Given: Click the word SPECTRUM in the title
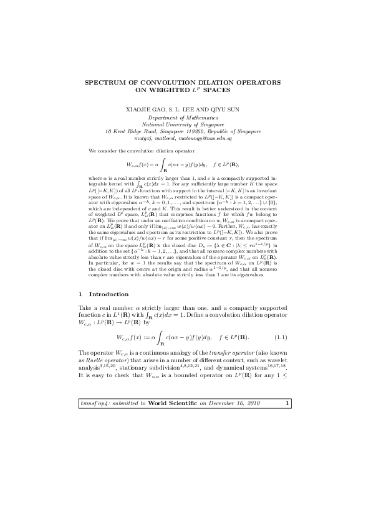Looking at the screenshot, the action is tap(105, 82).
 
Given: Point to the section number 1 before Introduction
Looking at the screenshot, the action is tap(81, 293).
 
